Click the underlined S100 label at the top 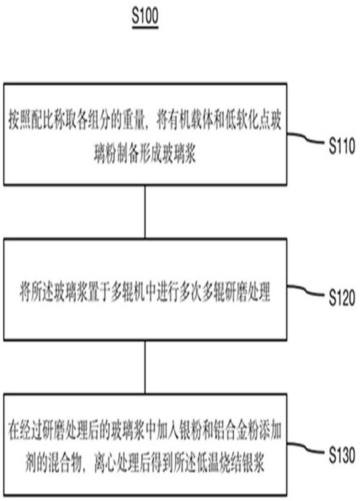[x=145, y=16]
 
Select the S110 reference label [x=342, y=146]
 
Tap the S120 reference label [x=342, y=298]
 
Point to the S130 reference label [x=342, y=455]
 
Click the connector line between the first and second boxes [x=145, y=212]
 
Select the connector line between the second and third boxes [x=145, y=368]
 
